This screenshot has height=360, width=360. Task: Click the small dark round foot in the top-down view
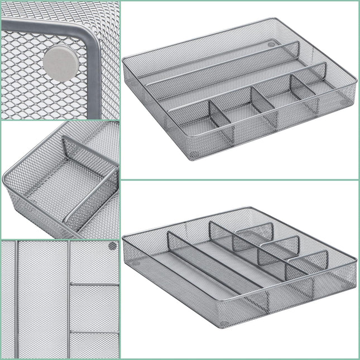click(x=112, y=246)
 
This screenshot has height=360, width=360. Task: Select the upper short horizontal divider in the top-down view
click(x=94, y=285)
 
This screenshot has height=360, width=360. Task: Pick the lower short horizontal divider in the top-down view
click(x=94, y=333)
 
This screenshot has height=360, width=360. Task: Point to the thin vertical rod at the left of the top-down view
click(x=17, y=299)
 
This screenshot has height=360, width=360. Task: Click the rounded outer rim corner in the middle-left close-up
click(x=7, y=174)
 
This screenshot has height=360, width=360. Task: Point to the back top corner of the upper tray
click(x=276, y=20)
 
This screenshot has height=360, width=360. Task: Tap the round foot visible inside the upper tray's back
click(x=271, y=43)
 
